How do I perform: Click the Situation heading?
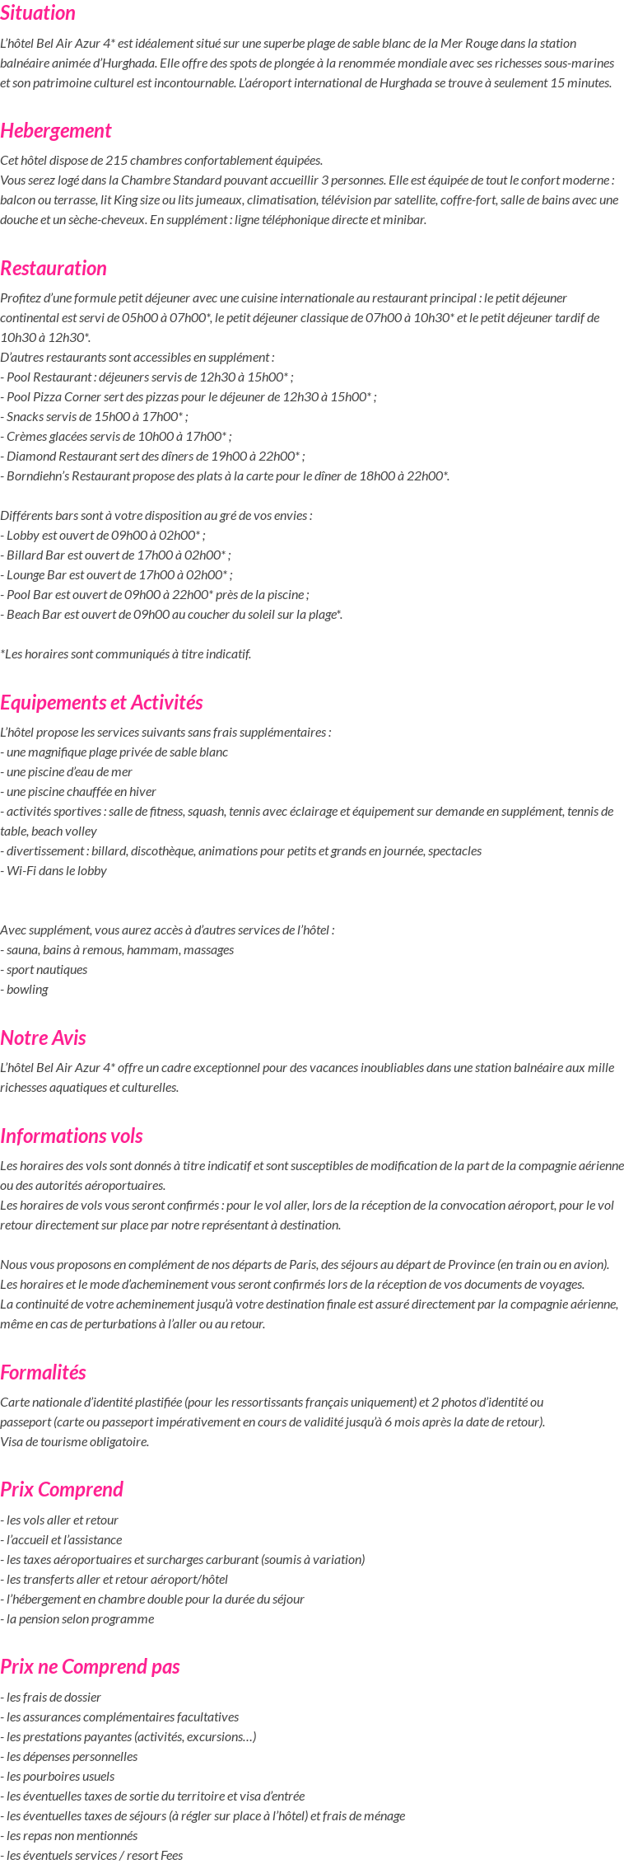(x=38, y=13)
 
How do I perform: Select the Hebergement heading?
(x=56, y=131)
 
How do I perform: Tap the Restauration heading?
(x=54, y=269)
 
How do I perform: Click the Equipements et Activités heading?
(x=101, y=703)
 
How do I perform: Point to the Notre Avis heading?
(x=43, y=1037)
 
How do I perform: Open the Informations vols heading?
(x=72, y=1136)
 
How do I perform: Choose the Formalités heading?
(x=43, y=1372)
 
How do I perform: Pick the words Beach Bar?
(x=32, y=615)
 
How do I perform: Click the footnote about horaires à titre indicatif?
(x=126, y=654)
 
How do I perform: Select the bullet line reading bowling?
(x=26, y=990)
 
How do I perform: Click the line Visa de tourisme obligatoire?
(x=74, y=1442)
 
